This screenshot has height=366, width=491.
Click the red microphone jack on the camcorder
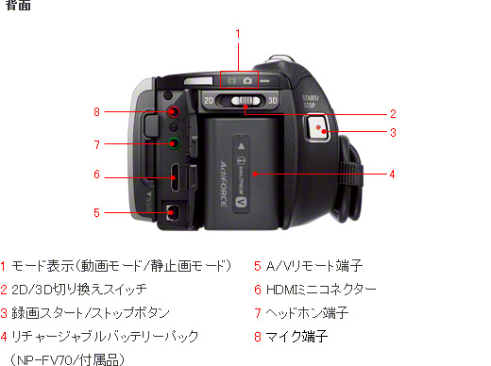point(173,111)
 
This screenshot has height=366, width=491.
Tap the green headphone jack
point(173,143)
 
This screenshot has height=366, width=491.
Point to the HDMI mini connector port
point(175,177)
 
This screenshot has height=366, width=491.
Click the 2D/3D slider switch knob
point(245,101)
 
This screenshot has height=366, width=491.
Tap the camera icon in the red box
point(247,81)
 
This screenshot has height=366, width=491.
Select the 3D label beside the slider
point(273,101)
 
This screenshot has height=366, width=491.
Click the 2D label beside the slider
point(209,101)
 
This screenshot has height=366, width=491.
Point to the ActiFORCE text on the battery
point(223,185)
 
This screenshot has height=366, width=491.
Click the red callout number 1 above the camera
point(238,33)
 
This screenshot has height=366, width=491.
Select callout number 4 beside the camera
point(392,174)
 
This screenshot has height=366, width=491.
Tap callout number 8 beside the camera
point(96,111)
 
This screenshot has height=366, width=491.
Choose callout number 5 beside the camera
point(96,213)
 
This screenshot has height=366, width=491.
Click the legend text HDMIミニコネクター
point(321,290)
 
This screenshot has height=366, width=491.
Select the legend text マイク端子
point(296,337)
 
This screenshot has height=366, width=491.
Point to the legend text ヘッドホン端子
point(307,313)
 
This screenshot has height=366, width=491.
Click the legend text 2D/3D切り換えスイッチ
point(79,290)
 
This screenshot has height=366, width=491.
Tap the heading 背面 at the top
point(18,5)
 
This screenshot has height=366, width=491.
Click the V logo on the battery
point(241,203)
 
